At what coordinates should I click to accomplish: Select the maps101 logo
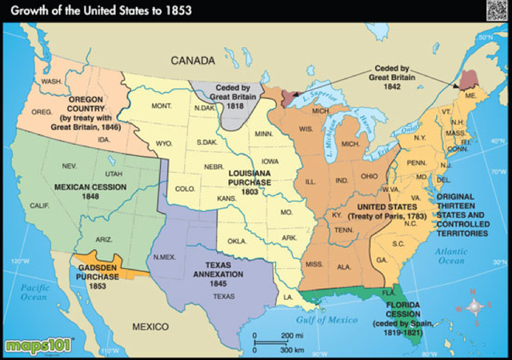(38, 346)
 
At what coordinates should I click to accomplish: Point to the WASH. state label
(52, 81)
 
